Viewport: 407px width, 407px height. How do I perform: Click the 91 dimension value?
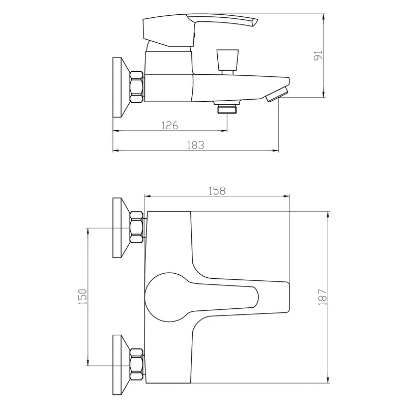coord(318,55)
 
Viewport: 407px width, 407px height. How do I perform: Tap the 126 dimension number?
coord(170,125)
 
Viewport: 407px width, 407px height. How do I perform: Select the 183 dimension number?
coord(195,145)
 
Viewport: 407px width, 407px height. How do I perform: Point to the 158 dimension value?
coord(217,191)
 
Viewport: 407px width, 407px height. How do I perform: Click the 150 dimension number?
coord(82,297)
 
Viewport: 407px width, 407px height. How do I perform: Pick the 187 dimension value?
coord(323,297)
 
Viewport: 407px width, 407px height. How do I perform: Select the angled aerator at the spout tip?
coord(277,95)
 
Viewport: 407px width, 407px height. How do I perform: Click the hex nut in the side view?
coord(136,86)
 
